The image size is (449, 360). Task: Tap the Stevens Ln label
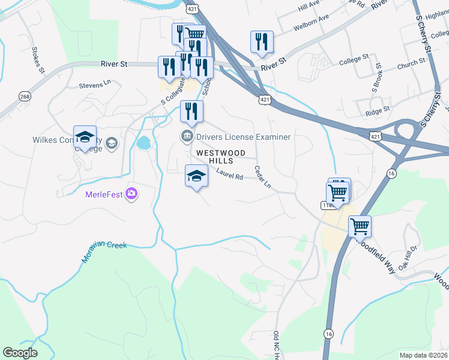[x=96, y=86]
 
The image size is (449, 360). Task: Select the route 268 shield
[x=25, y=97]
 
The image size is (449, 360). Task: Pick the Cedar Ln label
[x=263, y=178]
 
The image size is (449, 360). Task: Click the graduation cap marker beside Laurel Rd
[x=196, y=176]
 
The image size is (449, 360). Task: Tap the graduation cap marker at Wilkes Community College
[x=85, y=137]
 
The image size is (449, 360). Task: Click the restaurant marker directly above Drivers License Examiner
[x=191, y=112]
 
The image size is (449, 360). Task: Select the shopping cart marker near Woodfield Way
[x=360, y=227]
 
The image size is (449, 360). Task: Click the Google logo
[x=20, y=353]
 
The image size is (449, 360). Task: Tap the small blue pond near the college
[x=143, y=143]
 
